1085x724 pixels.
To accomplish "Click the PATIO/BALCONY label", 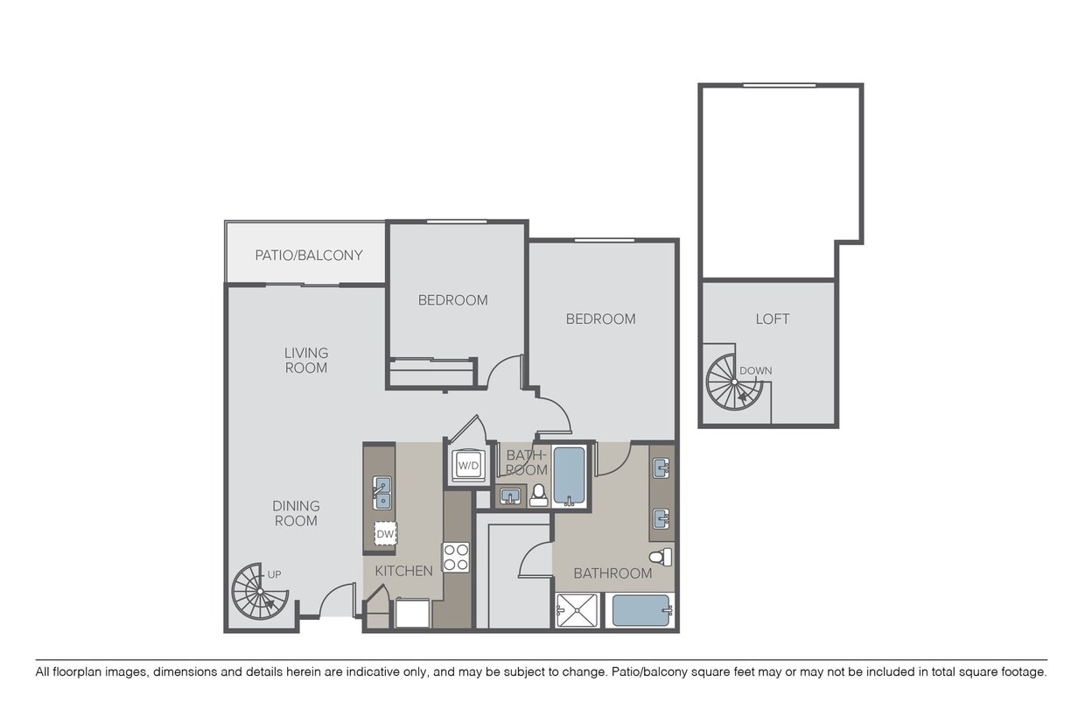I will pos(308,256).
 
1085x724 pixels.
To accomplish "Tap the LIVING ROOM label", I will pos(306,360).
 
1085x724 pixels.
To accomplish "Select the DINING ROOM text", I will pos(296,513).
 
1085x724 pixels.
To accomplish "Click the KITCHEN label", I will pos(403,571).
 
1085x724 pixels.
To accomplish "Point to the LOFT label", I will pos(772,319).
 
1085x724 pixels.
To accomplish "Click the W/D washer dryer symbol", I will pos(468,466).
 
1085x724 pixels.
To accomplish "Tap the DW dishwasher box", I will pos(385,533).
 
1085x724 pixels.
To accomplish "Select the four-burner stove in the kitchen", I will pos(456,557).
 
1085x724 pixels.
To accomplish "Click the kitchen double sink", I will pos(381,492).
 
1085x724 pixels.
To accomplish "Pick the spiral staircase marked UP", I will pos(259,591).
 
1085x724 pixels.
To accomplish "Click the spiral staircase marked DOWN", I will pos(734,383).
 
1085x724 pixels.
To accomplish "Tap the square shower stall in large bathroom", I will pos(577,610).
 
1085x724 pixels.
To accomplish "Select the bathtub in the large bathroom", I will pos(640,610).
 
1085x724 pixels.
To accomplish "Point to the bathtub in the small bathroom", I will pos(570,475).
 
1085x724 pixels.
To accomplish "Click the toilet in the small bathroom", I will pos(539,496).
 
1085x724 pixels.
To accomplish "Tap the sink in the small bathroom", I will pos(510,497).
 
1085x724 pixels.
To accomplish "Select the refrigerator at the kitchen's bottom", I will pos(412,613).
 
